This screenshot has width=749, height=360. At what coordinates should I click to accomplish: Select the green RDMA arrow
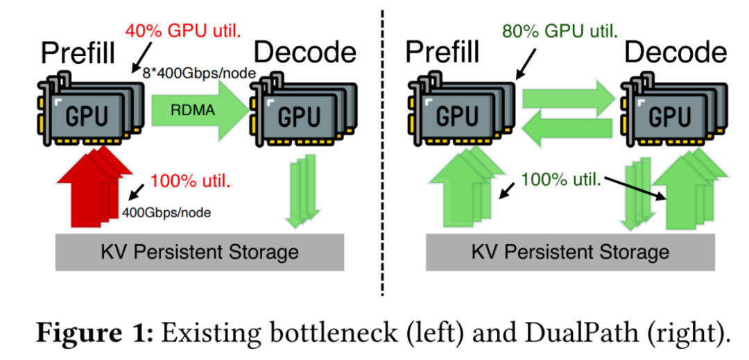coord(198,109)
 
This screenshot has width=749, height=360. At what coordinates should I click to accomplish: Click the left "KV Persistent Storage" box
coord(200,251)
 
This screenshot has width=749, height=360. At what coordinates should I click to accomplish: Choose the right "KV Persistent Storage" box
coord(570,251)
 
